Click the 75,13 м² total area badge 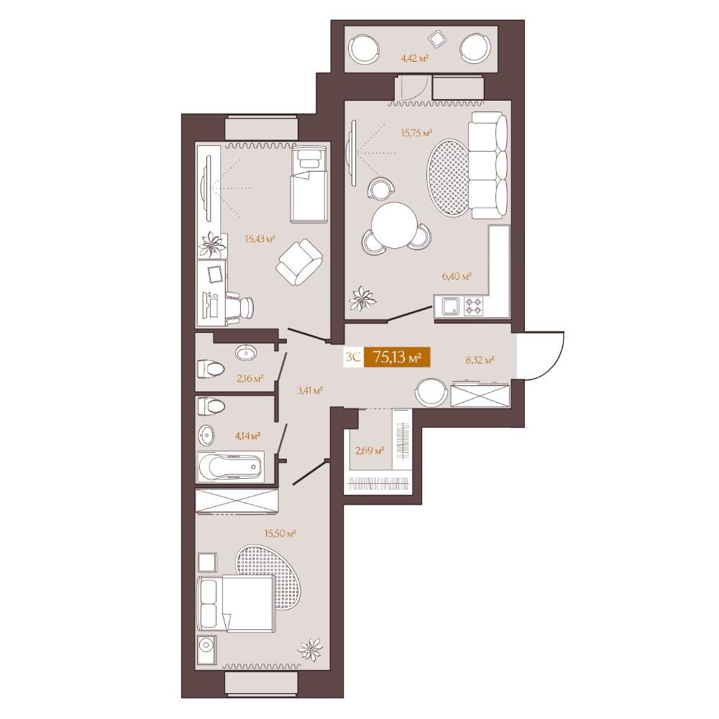point(397,357)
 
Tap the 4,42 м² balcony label point(415,58)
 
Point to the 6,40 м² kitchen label point(457,276)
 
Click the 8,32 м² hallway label point(480,360)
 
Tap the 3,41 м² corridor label point(309,390)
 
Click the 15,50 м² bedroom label point(280,533)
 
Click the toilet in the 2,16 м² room point(211,368)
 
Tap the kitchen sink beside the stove point(451,306)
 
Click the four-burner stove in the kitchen point(474,306)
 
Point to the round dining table point(394,226)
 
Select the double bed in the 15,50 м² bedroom point(236,603)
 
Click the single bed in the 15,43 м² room point(308,184)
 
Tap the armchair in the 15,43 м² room point(299,262)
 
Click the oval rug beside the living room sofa point(449,178)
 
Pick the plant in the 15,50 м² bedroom point(311,650)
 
